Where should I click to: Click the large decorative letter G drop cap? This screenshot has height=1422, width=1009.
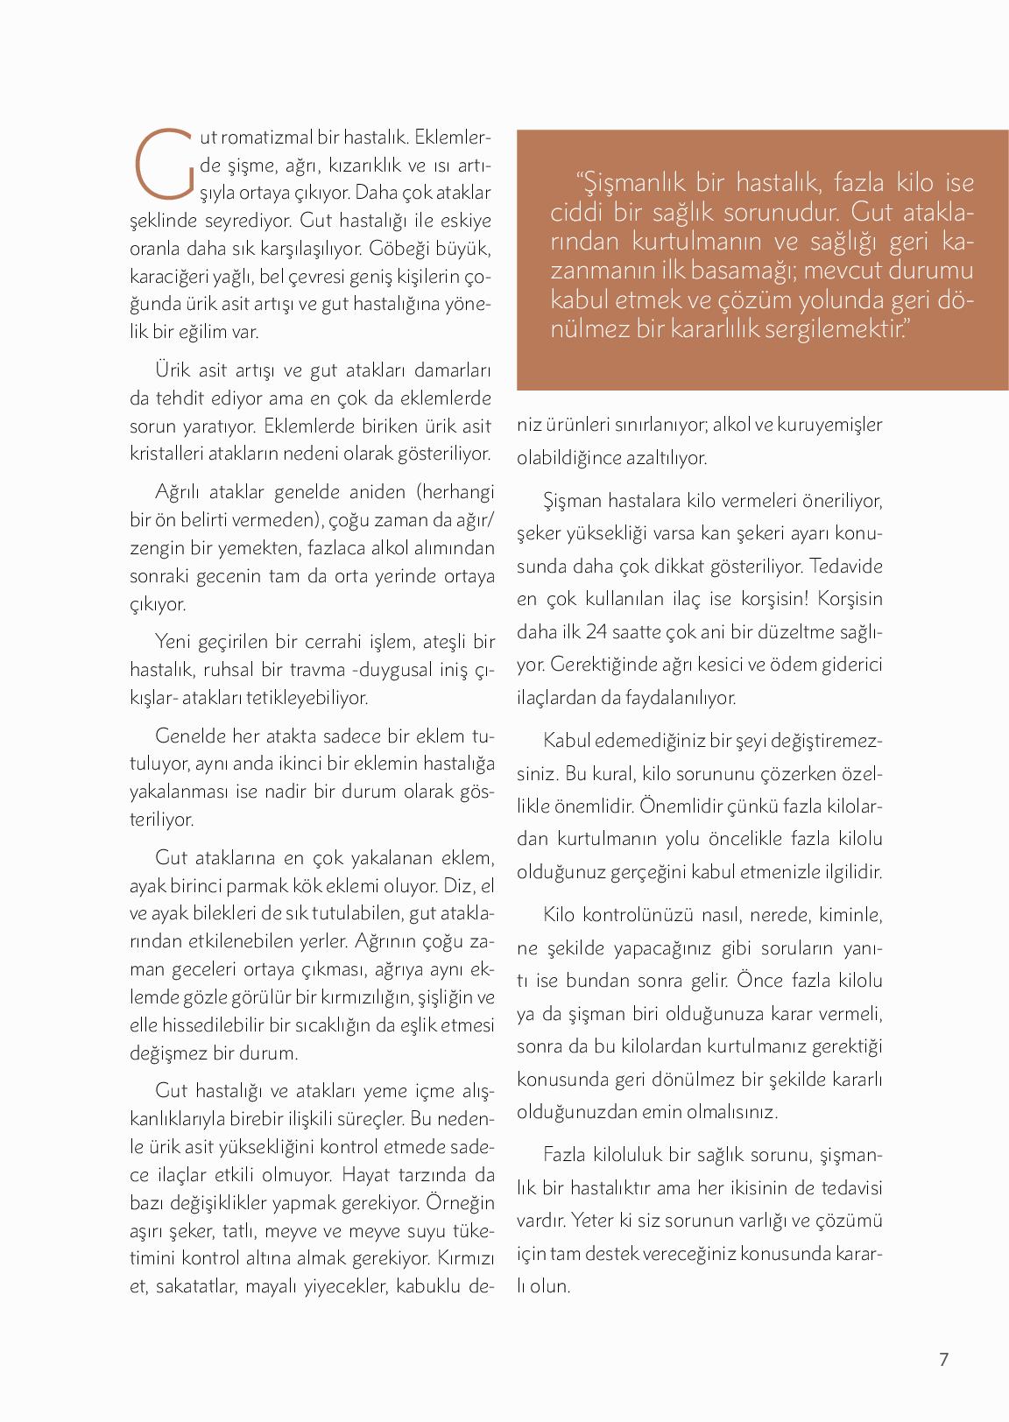(163, 164)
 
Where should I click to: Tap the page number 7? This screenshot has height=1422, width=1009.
(943, 1359)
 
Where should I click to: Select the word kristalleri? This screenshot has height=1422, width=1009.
(166, 454)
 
